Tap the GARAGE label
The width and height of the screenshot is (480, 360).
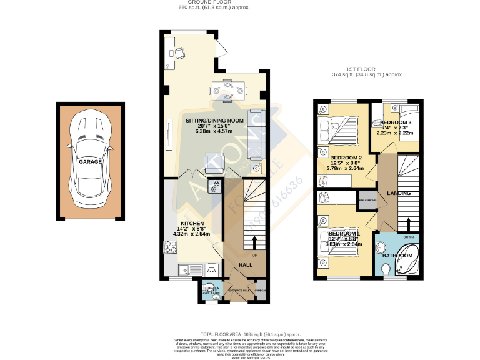90,161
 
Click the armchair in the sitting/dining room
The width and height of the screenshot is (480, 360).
214,162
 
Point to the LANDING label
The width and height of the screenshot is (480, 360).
399,194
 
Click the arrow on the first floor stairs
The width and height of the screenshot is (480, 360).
408,226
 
